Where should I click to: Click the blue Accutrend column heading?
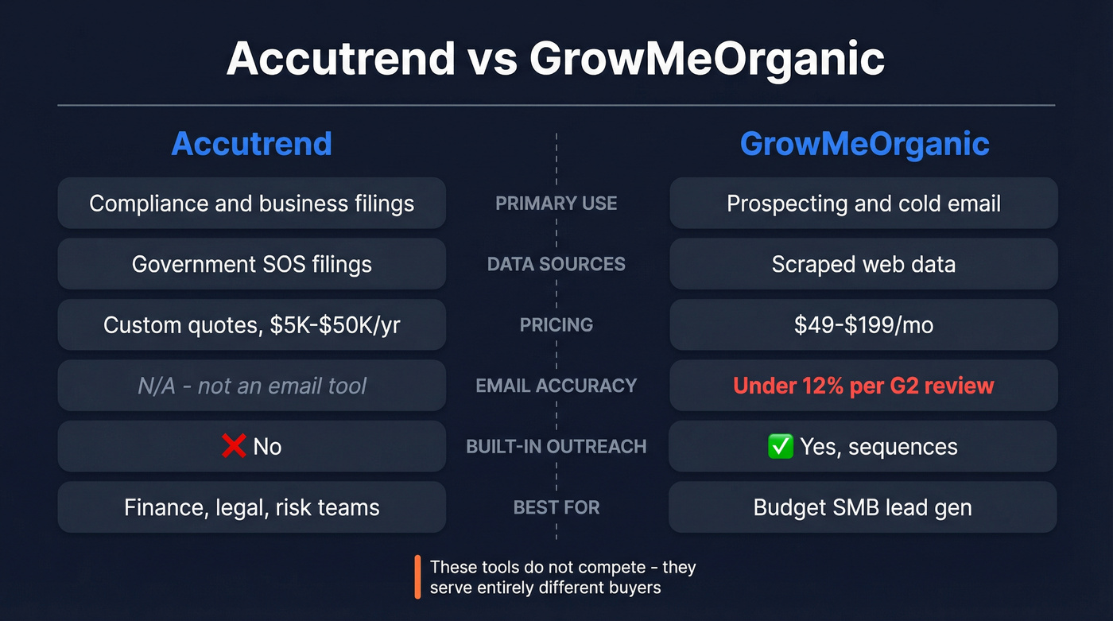[x=251, y=144]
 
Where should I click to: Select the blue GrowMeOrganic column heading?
[x=864, y=144]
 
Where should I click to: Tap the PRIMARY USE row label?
[x=556, y=204]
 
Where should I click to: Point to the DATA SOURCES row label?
[x=556, y=264]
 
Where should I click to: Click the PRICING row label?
[x=556, y=325]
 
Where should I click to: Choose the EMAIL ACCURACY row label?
[x=556, y=386]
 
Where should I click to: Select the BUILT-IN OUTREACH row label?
[x=556, y=446]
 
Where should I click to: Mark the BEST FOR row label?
[x=556, y=507]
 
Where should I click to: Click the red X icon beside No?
[x=233, y=446]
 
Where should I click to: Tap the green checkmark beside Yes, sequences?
[x=781, y=446]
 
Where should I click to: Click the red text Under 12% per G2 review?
[x=863, y=386]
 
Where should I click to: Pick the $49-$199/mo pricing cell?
[x=863, y=325]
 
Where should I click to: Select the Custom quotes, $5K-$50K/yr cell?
[x=251, y=325]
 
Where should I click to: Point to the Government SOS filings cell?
[x=251, y=264]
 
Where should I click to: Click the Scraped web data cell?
[x=863, y=264]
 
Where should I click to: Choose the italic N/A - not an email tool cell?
[x=251, y=386]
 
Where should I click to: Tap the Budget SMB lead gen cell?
[x=863, y=507]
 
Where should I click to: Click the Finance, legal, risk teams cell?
[x=251, y=507]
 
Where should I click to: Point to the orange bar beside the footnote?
[x=417, y=577]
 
